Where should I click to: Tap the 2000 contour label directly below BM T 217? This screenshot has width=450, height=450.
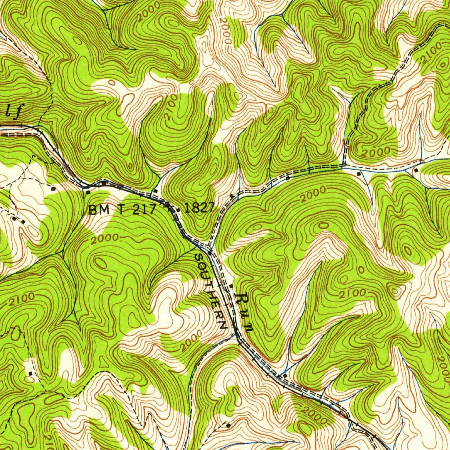[105, 239]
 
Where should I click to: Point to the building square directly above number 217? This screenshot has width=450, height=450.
[155, 192]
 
